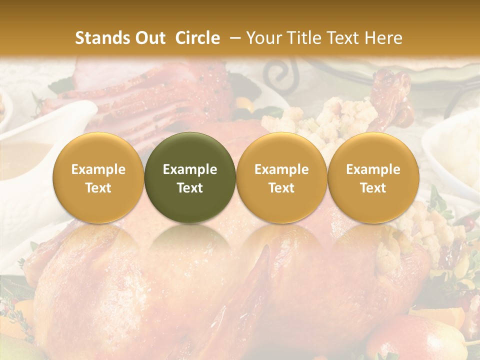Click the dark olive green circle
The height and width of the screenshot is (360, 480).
[x=190, y=177]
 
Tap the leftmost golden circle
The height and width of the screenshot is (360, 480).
[x=98, y=177]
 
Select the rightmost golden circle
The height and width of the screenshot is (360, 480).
[x=373, y=177]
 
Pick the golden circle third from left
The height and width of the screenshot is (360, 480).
[x=281, y=177]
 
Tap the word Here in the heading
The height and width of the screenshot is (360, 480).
[x=384, y=38]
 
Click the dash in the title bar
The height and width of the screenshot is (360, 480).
[x=234, y=38]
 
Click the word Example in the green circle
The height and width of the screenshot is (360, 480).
[x=190, y=169]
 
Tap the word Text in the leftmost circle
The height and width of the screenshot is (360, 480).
[x=98, y=188]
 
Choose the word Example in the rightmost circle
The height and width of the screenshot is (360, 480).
[x=373, y=169]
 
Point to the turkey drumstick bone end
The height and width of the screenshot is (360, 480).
[x=395, y=80]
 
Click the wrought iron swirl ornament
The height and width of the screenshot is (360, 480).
[x=278, y=75]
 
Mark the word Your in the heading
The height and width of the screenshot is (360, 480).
[x=262, y=38]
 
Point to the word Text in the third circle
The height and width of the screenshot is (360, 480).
[x=281, y=188]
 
